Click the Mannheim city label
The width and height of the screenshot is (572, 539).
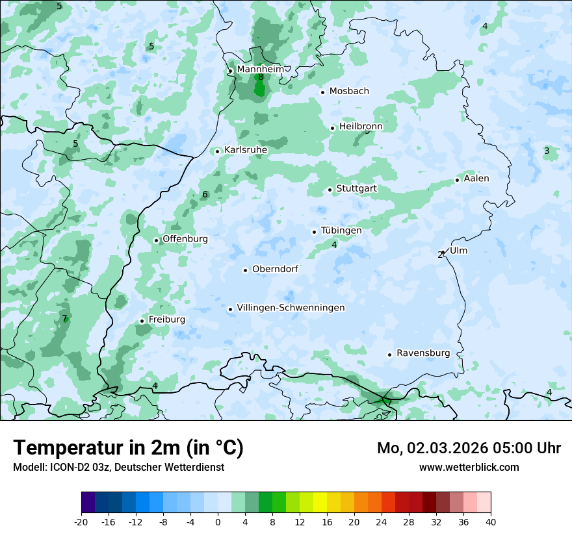coord(260,69)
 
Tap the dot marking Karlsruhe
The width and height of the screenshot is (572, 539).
coord(218,151)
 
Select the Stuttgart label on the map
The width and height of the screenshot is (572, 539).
coord(356,189)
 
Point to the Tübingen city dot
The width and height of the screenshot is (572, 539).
coord(315,232)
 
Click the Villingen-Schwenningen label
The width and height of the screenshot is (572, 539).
coord(291,308)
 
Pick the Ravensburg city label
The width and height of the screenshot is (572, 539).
coord(423,353)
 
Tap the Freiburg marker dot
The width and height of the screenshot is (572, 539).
coord(142,321)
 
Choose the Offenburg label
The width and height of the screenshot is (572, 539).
coord(185,239)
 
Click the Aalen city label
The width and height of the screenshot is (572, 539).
coord(476,179)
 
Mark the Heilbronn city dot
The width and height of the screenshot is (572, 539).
coord(332,128)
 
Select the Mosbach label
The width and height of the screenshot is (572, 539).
coord(349,92)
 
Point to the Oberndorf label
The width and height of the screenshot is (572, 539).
coord(275,269)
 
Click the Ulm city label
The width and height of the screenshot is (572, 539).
coord(458,251)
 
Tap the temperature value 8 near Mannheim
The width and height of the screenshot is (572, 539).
coord(261,77)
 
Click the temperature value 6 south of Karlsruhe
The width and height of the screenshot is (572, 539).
coord(205,195)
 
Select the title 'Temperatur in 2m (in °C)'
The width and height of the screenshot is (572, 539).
coord(128,447)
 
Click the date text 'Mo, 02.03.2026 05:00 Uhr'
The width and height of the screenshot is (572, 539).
coord(469,448)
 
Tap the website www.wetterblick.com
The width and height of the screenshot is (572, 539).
coord(469,467)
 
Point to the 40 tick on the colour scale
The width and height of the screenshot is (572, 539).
coord(490,521)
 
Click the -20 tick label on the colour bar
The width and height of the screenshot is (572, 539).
coord(81,521)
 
